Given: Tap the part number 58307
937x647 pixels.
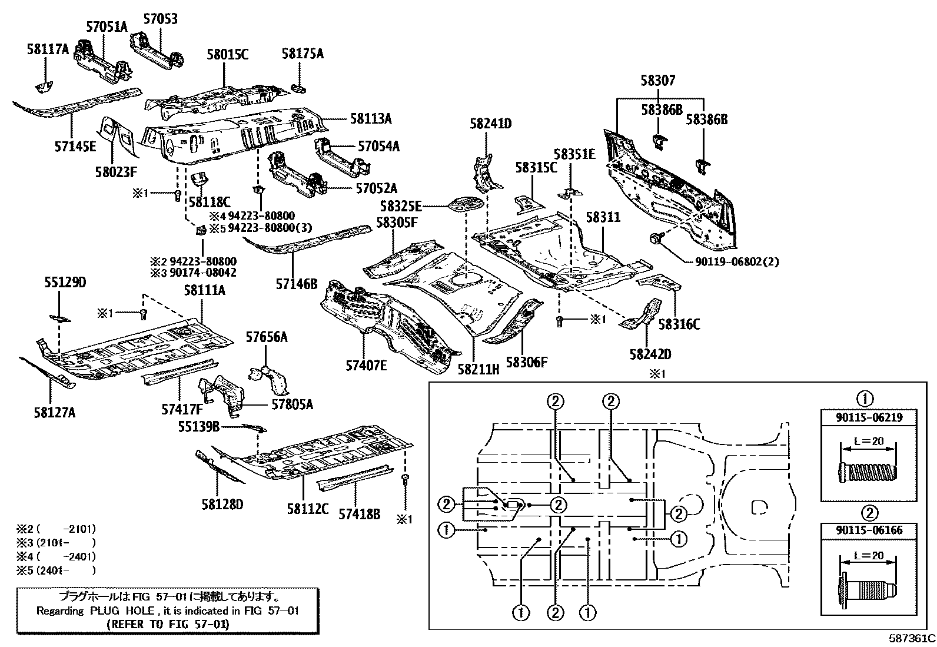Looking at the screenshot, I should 658,81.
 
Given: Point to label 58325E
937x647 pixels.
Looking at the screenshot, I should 401,207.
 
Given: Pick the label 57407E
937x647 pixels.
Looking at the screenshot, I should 366,365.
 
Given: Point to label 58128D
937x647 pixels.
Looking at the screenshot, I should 222,504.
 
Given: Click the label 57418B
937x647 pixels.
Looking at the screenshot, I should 359,514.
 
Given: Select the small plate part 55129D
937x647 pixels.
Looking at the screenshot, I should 59,319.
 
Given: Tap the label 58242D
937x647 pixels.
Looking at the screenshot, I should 650,354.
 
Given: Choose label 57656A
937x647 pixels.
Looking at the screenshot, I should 267,337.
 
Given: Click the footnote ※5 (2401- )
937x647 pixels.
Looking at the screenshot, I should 56,569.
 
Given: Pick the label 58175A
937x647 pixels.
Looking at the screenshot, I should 303,54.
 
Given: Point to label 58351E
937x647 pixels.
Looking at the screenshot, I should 575,155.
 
